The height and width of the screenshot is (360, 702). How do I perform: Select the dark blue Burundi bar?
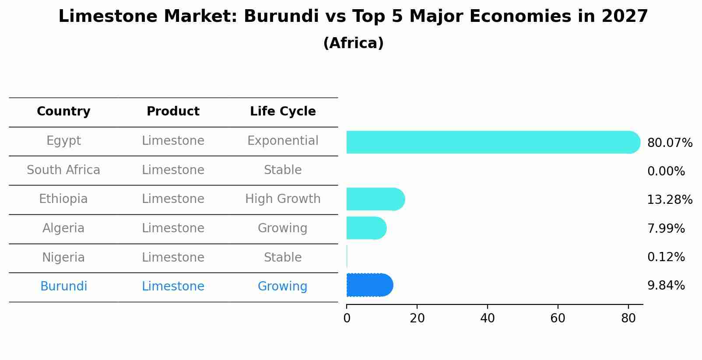click(369, 285)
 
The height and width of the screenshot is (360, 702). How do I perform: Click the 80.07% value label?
click(670, 143)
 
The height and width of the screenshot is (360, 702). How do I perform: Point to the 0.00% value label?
click(666, 171)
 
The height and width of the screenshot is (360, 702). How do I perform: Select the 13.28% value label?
click(670, 200)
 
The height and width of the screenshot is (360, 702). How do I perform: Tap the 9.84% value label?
click(666, 286)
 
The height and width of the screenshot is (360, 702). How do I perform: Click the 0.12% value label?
click(666, 257)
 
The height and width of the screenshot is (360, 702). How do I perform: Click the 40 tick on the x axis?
click(488, 318)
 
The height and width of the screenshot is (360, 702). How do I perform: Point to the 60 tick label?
click(558, 318)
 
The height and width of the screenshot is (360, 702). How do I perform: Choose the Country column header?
click(63, 112)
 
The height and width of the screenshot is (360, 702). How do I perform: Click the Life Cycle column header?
click(283, 112)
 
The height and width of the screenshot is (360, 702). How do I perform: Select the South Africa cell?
click(63, 170)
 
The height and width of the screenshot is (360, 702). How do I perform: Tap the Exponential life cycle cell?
click(283, 141)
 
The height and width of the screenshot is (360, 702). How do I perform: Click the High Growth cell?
click(283, 199)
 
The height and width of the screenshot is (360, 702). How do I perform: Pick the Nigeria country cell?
click(63, 258)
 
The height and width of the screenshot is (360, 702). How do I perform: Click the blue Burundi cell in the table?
click(63, 287)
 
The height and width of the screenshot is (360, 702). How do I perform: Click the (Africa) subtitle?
click(353, 43)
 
